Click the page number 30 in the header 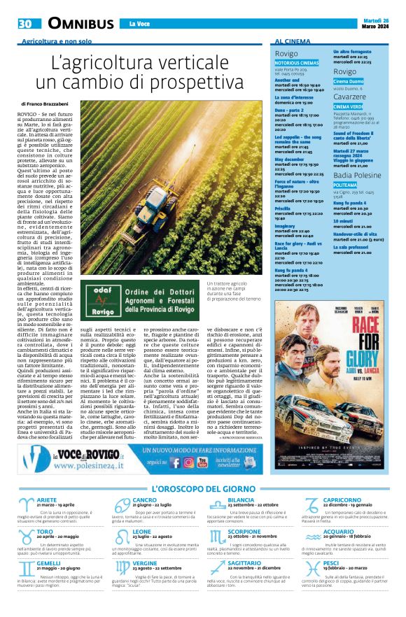25,24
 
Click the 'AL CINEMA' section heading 293,42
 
